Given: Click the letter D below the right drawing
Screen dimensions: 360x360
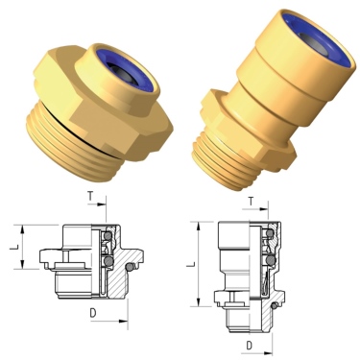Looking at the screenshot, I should (248, 344).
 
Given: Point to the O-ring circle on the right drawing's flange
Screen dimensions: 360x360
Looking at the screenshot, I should (276, 305).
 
